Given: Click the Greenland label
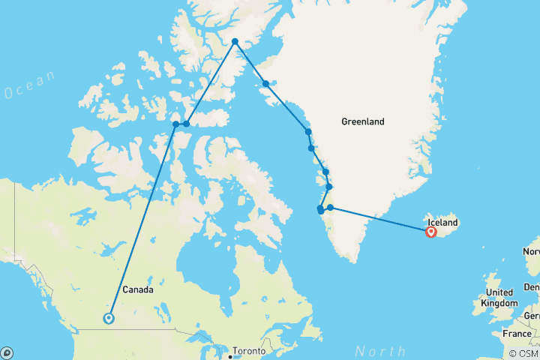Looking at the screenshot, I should tap(362, 121).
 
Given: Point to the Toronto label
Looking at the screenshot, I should tap(249, 351).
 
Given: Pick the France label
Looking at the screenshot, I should tap(517, 333).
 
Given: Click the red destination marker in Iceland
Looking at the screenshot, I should tap(431, 232).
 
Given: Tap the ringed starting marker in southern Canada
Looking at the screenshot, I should tap(109, 318).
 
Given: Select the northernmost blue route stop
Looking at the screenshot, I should tap(235, 42).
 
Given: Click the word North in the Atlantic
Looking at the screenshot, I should tap(380, 350).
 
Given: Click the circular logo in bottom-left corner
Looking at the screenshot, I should tap(7, 352).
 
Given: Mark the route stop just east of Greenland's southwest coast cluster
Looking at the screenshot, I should tap(330, 208).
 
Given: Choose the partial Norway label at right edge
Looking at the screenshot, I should tap(531, 250).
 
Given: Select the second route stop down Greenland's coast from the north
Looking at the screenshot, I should tap(266, 84).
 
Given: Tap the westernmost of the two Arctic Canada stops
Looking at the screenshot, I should tap(175, 124).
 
